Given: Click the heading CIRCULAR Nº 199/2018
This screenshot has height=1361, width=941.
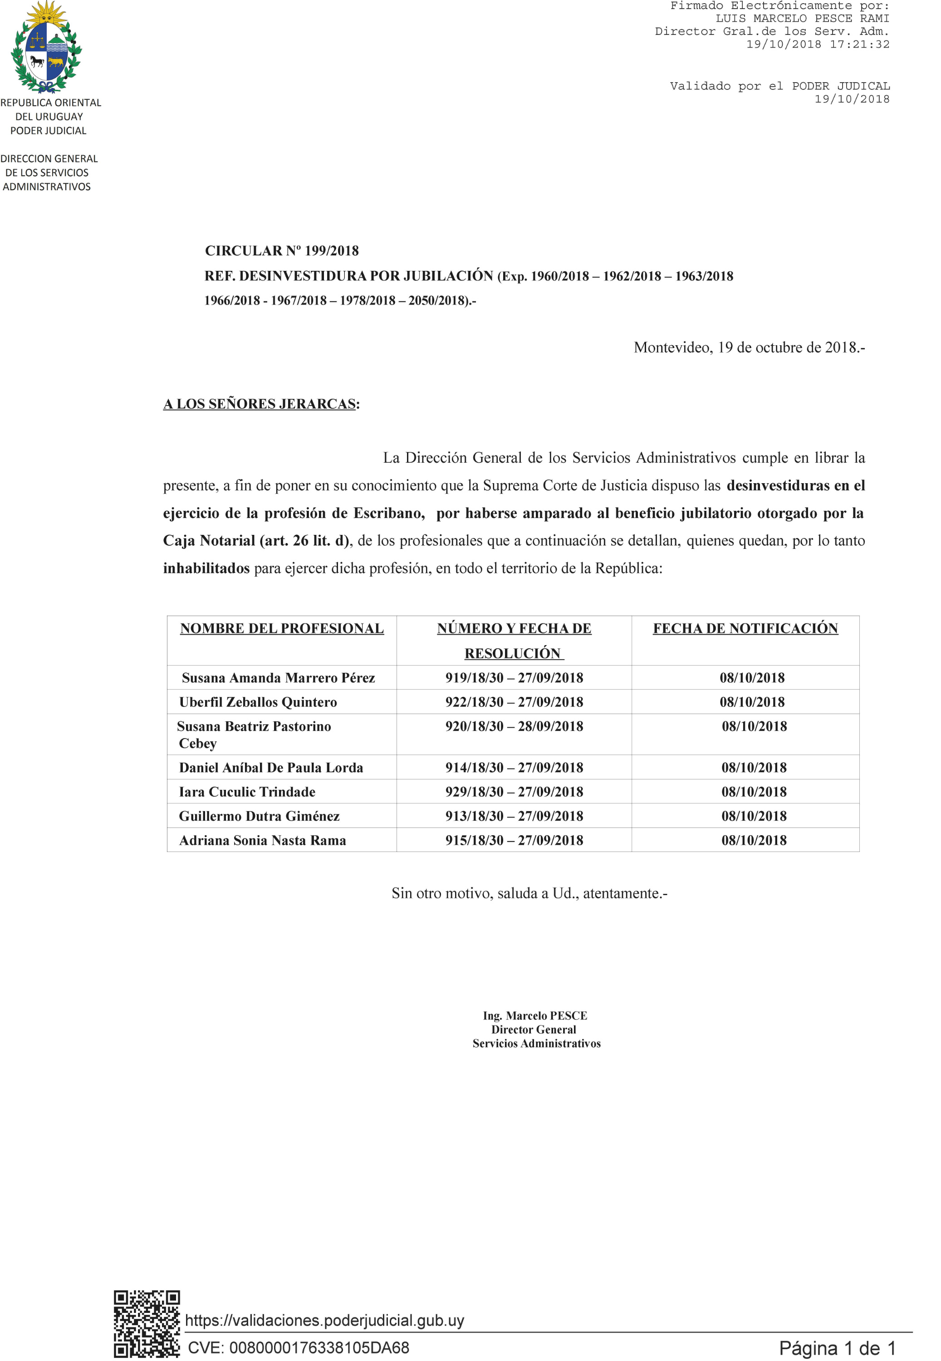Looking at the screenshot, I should [x=282, y=251].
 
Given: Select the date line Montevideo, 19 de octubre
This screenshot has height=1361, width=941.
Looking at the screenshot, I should [x=749, y=348].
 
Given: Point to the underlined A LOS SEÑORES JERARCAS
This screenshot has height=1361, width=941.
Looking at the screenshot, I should [x=260, y=404].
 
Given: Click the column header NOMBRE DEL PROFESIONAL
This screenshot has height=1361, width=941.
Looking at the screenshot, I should [x=282, y=628].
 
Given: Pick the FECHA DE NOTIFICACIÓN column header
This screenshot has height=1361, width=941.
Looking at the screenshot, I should [x=745, y=628].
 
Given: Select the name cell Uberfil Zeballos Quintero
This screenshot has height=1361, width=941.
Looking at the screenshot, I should [x=258, y=702].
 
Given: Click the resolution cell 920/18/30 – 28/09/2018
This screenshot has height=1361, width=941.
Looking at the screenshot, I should [x=514, y=726].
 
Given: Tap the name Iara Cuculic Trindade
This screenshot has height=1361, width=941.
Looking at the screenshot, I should [x=248, y=792].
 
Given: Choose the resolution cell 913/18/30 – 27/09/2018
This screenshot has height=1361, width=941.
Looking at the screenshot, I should [x=514, y=816].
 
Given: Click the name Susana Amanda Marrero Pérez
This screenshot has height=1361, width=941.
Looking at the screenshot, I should [x=278, y=678].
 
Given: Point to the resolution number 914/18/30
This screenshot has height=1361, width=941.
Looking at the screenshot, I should [x=475, y=768].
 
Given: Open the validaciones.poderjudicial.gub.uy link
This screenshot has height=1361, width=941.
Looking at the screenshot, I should [x=325, y=1320].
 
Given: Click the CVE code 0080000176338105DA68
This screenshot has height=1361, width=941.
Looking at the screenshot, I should [x=319, y=1347].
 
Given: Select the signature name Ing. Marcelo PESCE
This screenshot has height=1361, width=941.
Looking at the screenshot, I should [x=535, y=1016].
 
